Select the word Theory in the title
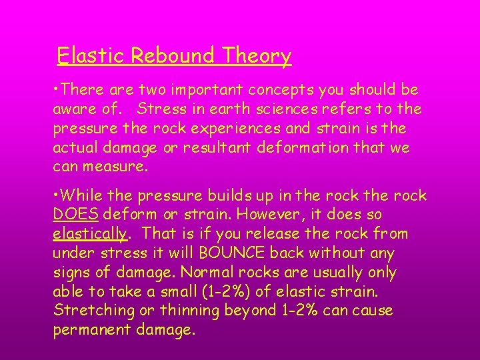pos(257,56)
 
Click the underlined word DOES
pos(75,215)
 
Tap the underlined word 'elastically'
pos(89,235)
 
